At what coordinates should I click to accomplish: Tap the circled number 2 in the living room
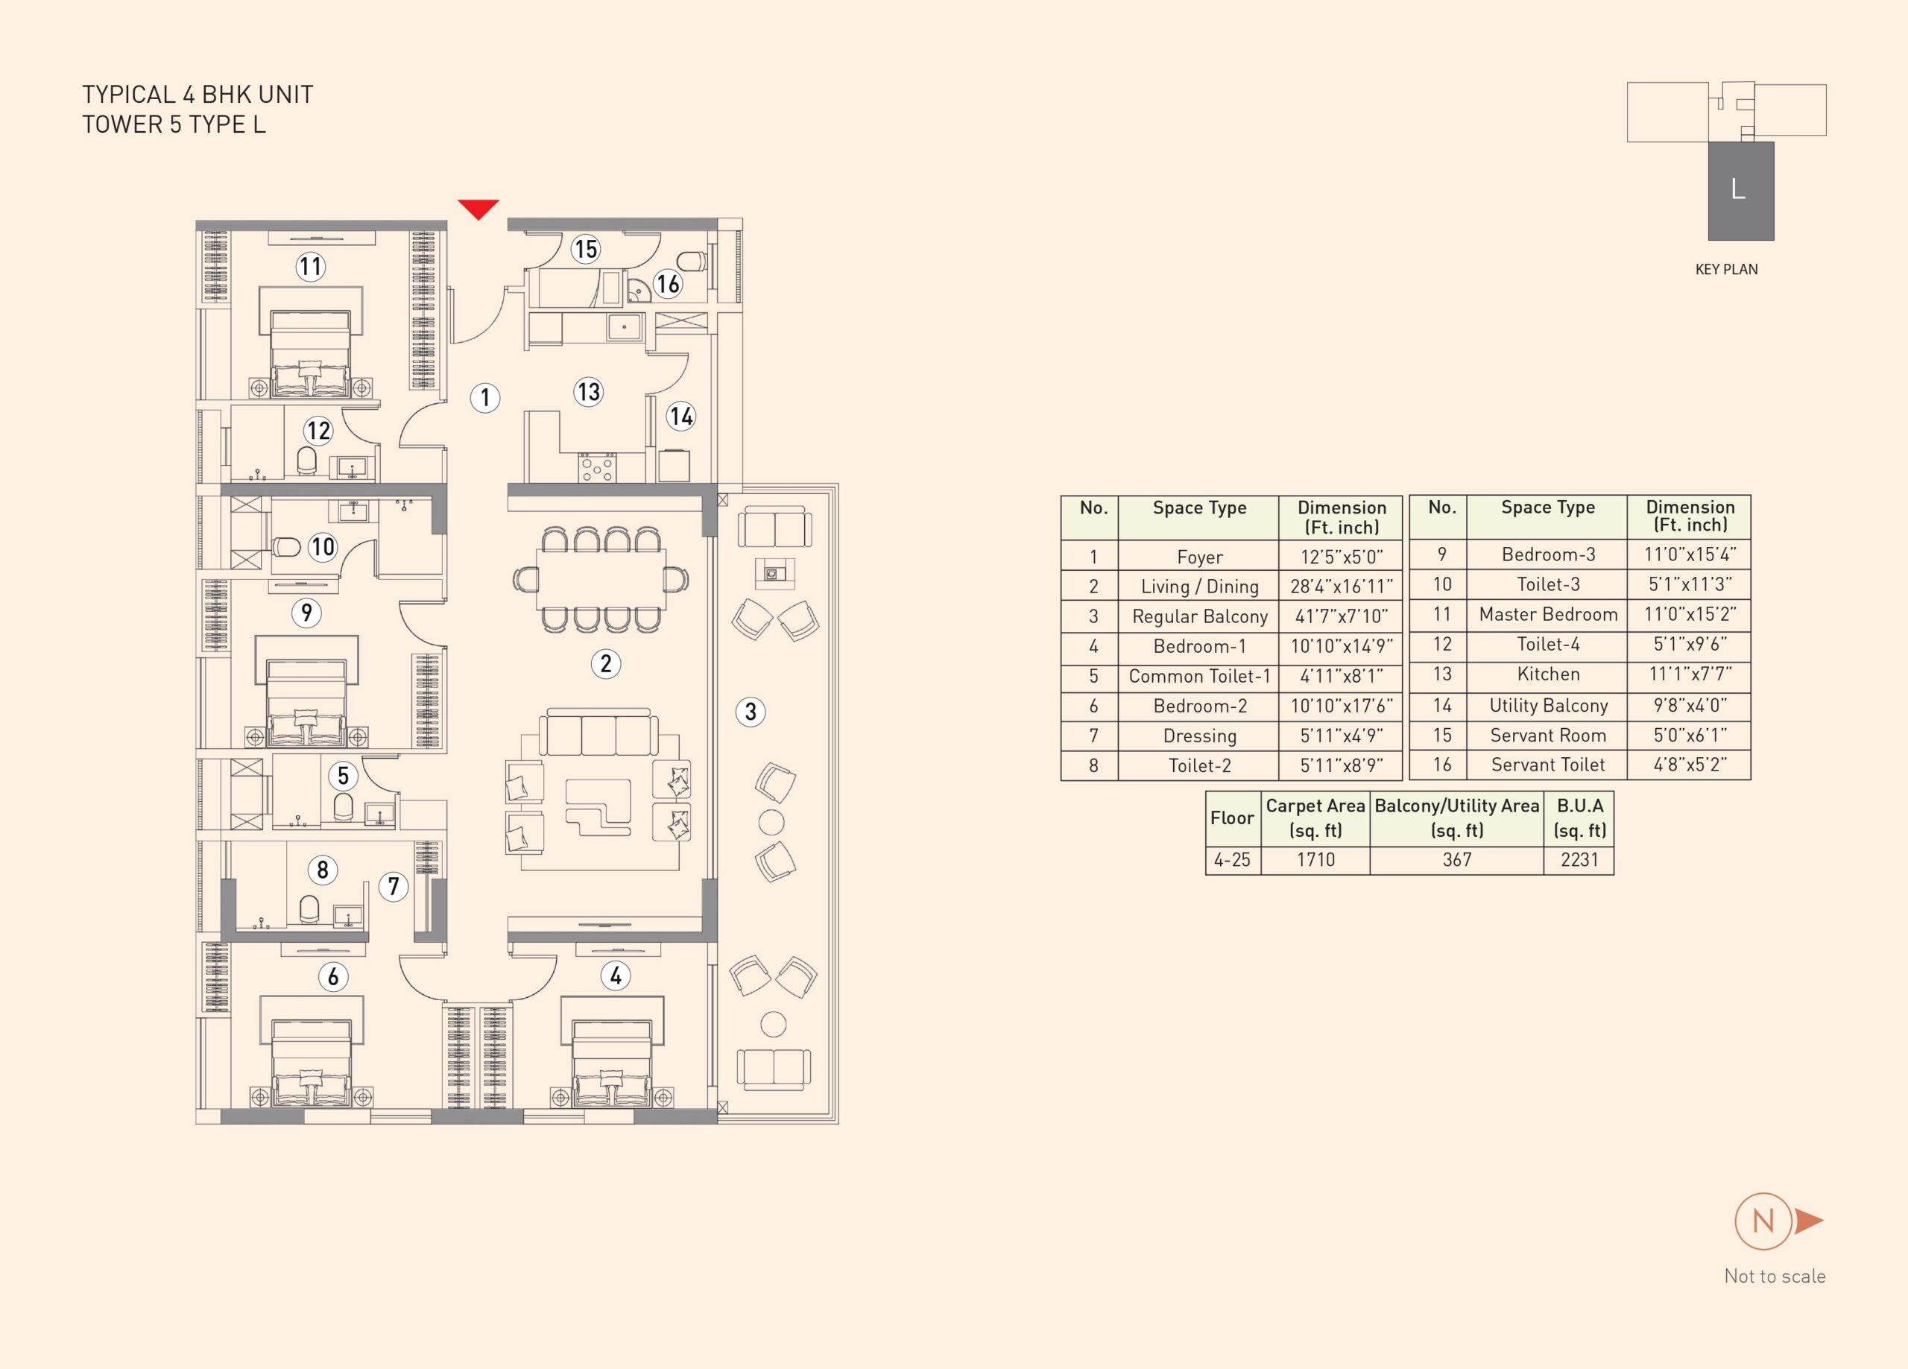click(x=606, y=664)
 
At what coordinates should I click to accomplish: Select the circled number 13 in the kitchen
click(x=589, y=392)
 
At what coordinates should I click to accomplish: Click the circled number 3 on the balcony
click(x=751, y=712)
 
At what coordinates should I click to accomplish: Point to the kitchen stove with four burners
click(x=597, y=467)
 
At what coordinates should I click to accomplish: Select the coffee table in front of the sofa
click(x=598, y=807)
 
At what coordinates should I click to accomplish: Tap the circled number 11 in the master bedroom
click(x=312, y=268)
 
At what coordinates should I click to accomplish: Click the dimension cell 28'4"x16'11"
click(x=1341, y=586)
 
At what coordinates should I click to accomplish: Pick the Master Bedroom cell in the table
click(x=1548, y=614)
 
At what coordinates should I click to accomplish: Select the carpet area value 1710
click(x=1315, y=859)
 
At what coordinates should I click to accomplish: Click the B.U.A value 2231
click(x=1579, y=859)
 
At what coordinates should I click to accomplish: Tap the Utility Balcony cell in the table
click(x=1548, y=705)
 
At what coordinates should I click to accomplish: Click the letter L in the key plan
click(x=1738, y=189)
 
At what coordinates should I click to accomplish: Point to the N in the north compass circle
click(x=1763, y=1221)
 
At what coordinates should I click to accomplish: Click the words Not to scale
click(x=1775, y=1277)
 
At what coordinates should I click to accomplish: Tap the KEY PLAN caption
click(x=1726, y=269)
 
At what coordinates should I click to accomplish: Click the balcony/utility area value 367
click(x=1457, y=859)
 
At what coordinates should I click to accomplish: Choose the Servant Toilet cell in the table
click(x=1548, y=765)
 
